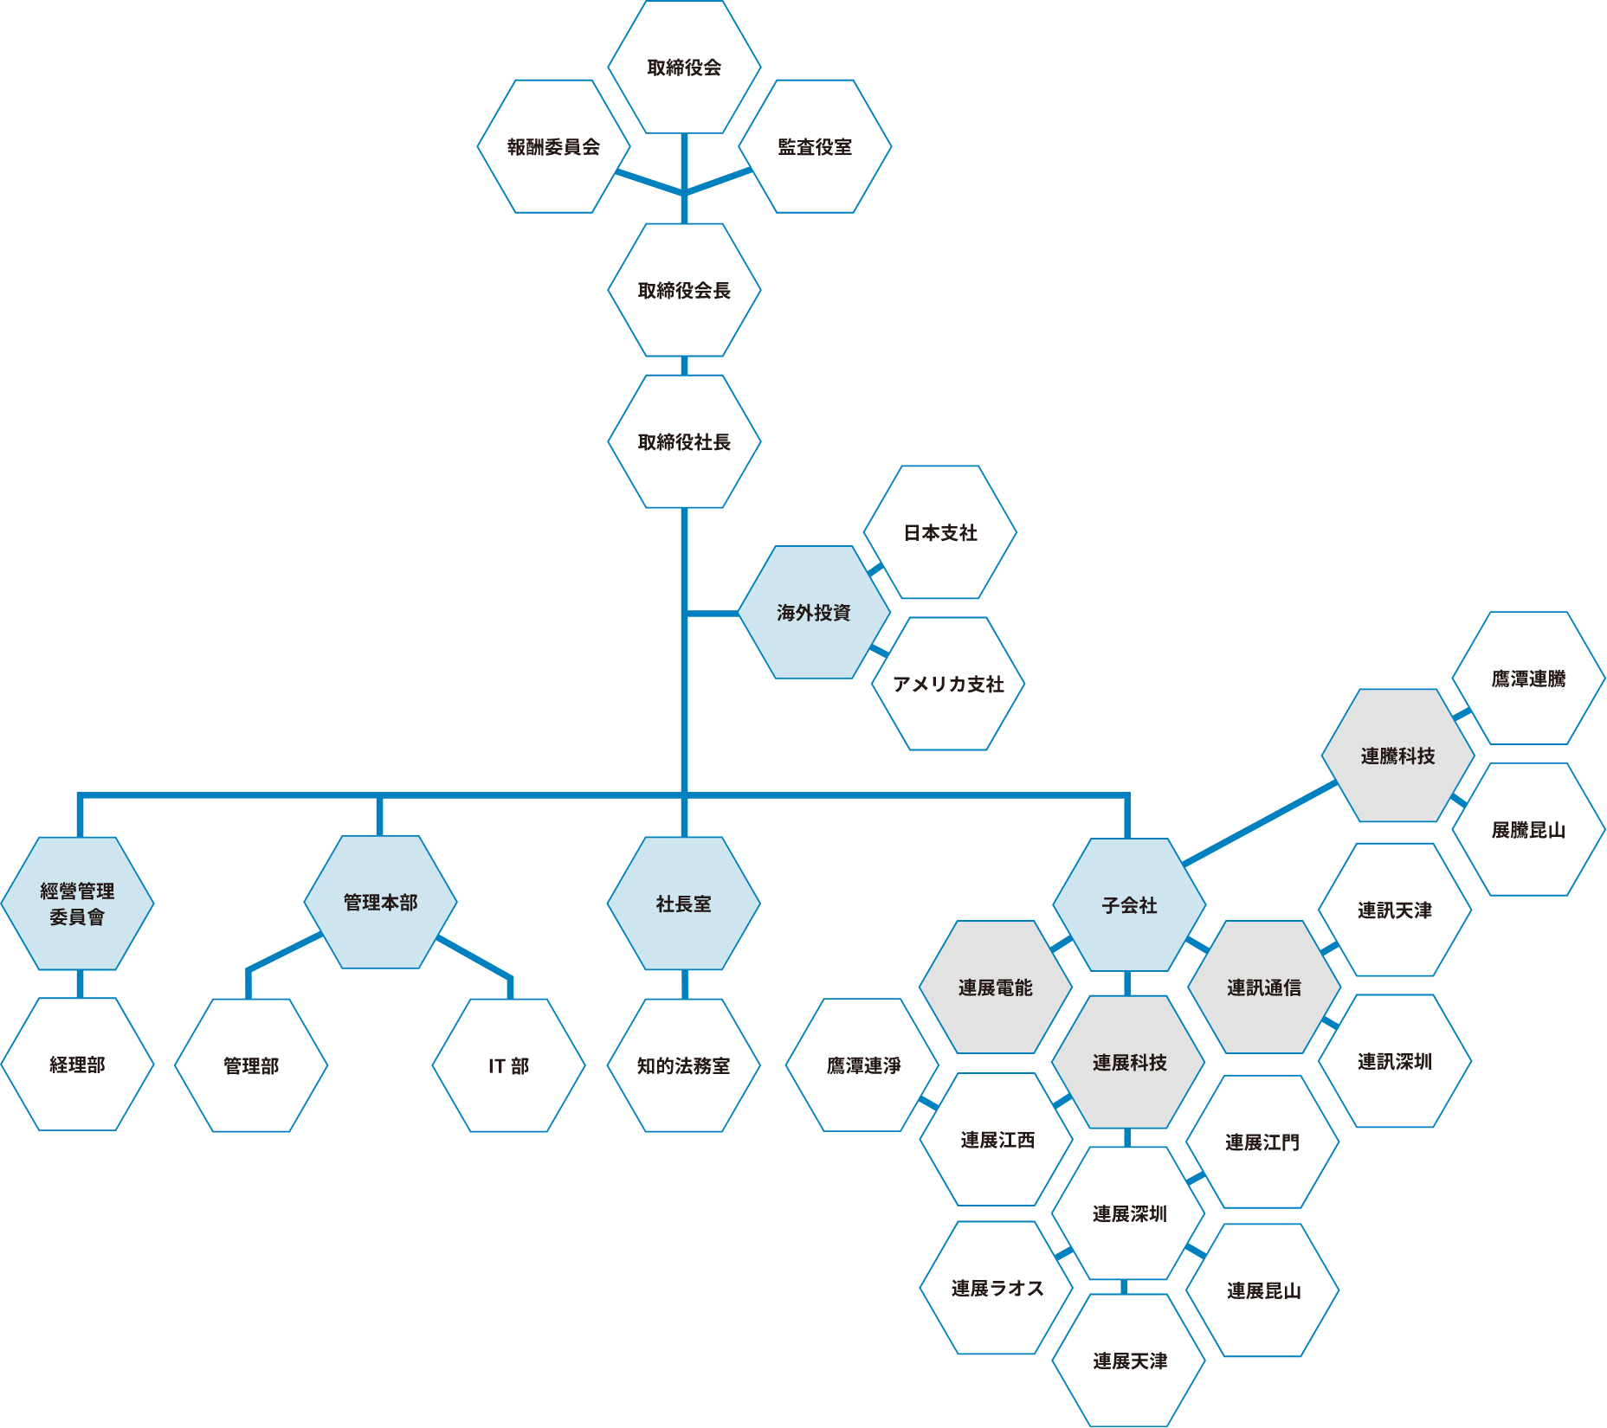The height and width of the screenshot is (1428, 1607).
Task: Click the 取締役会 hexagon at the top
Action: click(684, 68)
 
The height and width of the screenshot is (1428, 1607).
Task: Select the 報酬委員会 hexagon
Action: click(553, 147)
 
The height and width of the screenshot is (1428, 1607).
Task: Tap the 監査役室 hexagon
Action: click(815, 147)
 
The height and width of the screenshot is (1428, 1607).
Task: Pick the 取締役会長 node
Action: click(684, 291)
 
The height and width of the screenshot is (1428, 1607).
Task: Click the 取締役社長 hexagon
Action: click(684, 442)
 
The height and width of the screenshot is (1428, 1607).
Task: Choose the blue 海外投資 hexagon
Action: click(814, 613)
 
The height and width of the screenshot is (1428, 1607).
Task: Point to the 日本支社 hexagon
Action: click(940, 533)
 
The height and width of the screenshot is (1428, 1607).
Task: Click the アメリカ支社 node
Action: click(948, 685)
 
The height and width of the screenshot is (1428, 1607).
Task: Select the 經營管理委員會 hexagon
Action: click(77, 904)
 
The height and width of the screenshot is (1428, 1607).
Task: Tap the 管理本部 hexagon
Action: click(380, 903)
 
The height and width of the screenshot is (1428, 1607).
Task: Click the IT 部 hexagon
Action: click(508, 1066)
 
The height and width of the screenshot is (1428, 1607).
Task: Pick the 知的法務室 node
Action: click(683, 1066)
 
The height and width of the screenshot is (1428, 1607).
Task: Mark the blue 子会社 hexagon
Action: click(1129, 905)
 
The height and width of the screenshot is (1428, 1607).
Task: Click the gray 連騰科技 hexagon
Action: click(1397, 756)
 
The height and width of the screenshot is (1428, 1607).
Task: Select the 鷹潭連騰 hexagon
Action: click(1528, 679)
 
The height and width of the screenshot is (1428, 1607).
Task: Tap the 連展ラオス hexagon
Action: click(997, 1289)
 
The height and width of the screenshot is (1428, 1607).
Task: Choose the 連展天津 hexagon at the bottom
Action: click(1129, 1361)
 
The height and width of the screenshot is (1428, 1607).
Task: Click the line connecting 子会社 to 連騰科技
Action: click(1260, 823)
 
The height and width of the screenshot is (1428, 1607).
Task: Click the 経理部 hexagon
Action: click(77, 1065)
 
